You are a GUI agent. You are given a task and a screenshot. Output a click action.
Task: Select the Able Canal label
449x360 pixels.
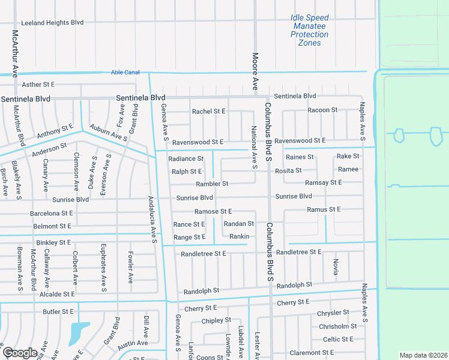(125, 73)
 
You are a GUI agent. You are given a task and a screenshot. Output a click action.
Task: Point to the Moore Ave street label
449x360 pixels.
(255, 70)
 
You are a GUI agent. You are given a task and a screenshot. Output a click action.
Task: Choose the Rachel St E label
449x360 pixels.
(208, 112)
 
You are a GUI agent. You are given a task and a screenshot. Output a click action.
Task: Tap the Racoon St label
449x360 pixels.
(322, 110)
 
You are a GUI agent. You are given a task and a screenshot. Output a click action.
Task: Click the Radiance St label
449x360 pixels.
(186, 159)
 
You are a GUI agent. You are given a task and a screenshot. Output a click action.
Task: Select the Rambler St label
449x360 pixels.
(212, 184)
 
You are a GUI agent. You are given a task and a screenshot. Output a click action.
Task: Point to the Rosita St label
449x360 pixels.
(288, 170)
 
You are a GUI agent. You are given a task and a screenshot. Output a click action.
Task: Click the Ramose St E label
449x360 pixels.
(213, 212)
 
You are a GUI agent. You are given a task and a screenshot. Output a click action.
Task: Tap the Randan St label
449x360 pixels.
(238, 224)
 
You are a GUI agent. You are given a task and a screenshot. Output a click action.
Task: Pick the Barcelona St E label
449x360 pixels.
(52, 213)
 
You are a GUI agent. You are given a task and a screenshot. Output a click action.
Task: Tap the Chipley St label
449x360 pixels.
(216, 321)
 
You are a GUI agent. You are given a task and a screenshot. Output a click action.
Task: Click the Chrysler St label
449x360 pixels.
(334, 313)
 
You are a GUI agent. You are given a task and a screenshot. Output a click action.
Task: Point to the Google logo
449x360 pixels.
(20, 353)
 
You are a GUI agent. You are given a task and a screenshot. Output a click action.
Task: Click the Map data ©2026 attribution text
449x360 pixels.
(423, 355)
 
